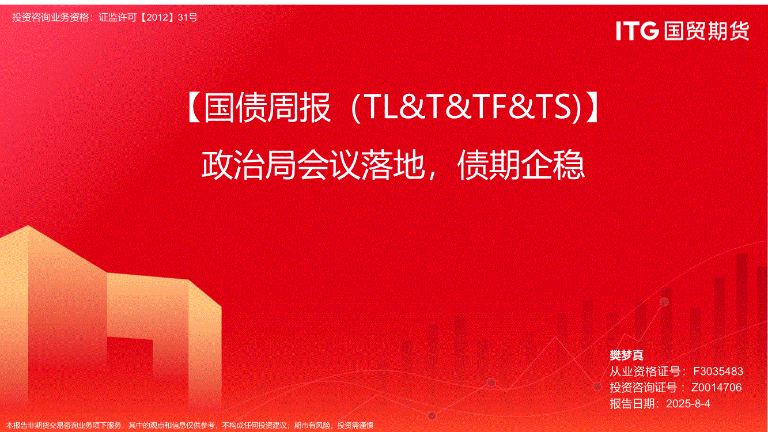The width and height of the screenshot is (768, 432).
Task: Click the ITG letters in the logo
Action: pos(637,31)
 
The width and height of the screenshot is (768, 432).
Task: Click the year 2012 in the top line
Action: pos(157,17)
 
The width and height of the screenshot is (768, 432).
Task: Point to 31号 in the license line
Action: pos(188,17)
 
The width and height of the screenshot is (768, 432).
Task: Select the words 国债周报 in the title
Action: pos(267,107)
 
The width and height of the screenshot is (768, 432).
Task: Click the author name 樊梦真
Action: pos(626,355)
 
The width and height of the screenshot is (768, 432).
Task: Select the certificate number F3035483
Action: pos(718,371)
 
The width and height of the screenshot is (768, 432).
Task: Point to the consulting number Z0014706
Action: pos(716,387)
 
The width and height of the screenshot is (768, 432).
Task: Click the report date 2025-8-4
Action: pos(688,403)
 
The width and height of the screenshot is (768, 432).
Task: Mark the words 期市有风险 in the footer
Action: pos(312,426)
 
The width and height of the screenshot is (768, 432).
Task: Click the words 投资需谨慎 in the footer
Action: pos(355,426)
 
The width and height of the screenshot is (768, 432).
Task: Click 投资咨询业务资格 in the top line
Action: pos(50,17)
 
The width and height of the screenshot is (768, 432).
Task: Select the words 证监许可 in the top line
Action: pos(118,17)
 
